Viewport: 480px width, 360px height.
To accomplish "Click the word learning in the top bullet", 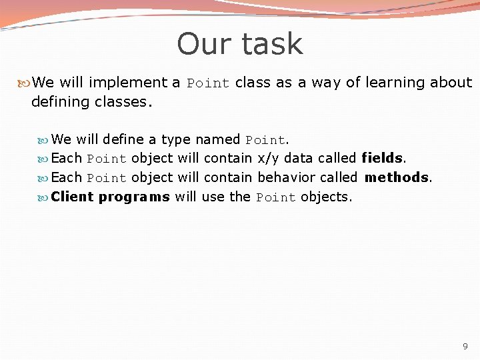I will point(392,83).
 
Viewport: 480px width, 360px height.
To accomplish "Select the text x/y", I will point(268,159).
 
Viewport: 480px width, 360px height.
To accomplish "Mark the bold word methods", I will point(397,178).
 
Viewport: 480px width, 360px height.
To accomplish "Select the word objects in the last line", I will point(325,197).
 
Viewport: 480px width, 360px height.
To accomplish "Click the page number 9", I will point(465,347).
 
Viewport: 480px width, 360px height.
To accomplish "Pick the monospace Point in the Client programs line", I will point(276,197).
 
